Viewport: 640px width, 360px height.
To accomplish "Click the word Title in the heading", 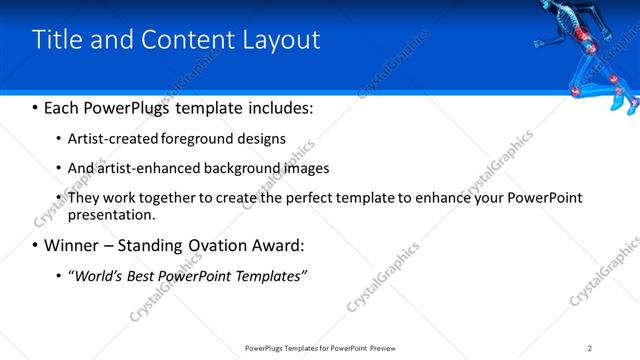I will [56, 40].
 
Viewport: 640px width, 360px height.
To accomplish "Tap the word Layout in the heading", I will [284, 40].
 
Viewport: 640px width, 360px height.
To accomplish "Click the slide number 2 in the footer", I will [590, 347].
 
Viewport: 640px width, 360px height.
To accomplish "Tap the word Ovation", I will [213, 245].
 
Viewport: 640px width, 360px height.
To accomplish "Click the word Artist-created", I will [106, 139].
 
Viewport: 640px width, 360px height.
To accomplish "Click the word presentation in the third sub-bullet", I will [111, 214].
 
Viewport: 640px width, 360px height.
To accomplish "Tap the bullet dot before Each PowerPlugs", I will [36, 107].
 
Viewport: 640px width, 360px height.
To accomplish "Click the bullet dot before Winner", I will [36, 246].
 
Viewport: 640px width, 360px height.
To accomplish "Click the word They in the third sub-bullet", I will [84, 198].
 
